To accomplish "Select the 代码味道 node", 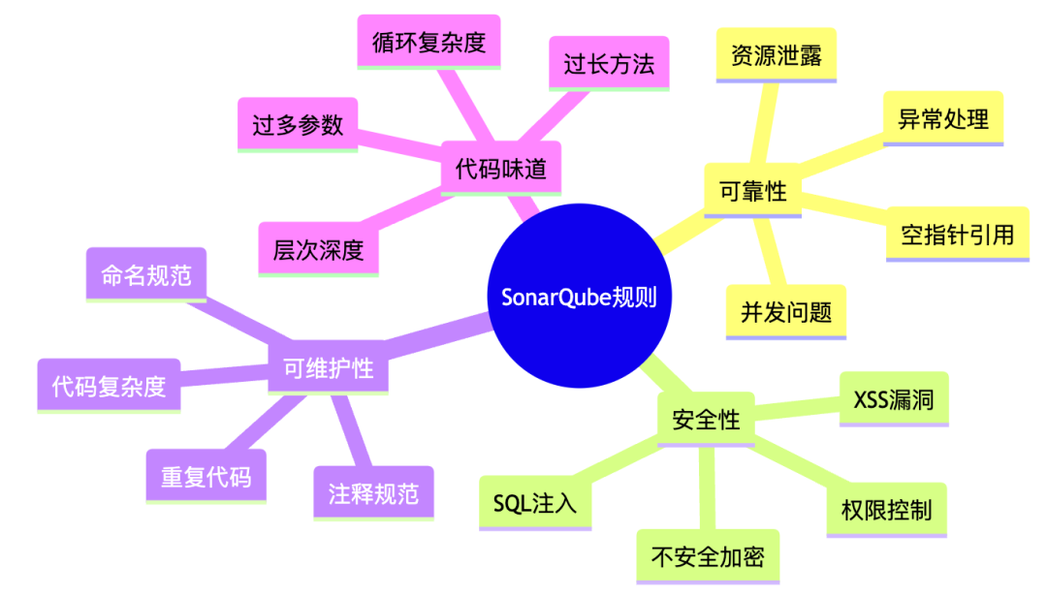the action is coord(500,169).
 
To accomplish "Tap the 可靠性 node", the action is coord(752,191).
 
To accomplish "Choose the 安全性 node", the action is coord(705,420).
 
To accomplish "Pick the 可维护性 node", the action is coord(328,368).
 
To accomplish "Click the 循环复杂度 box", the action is coord(428,42).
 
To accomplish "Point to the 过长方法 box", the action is coord(609,64).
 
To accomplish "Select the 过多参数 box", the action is coord(298,124).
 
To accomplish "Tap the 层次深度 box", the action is coord(318,250).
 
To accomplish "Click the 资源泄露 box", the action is coord(776,55).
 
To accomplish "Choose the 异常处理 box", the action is coord(942,119).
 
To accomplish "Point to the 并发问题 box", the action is coord(786,312).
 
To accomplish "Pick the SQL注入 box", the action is coord(535,503).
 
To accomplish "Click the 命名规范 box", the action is coord(146,275).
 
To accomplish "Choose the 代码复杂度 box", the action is coord(109,387).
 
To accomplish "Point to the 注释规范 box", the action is coord(373,493).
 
